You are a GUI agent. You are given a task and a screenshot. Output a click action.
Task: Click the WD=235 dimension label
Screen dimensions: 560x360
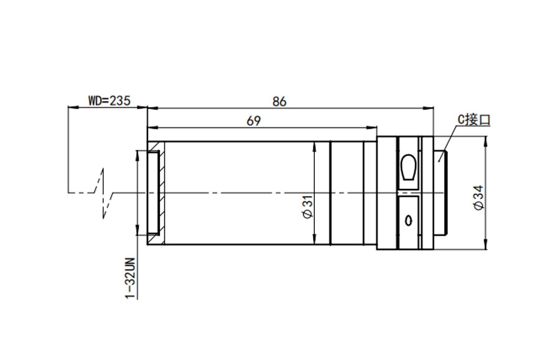(x=110, y=101)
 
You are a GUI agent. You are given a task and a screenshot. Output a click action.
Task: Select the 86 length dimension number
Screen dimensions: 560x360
(x=279, y=102)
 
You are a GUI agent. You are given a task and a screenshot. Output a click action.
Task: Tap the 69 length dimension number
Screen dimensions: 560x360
(x=254, y=121)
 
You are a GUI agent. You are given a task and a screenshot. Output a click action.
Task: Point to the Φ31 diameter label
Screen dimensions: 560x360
(x=307, y=206)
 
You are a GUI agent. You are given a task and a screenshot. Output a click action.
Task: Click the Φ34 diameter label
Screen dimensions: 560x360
(x=478, y=198)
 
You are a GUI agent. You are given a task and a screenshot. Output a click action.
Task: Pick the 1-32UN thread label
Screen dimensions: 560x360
(x=131, y=279)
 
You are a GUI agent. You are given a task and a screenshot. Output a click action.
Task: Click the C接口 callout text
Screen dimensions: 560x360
(x=474, y=120)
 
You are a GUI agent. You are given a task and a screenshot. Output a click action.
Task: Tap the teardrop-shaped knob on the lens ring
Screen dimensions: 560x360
(x=408, y=167)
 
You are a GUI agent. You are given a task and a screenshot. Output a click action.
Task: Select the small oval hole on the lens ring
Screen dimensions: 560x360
(x=408, y=221)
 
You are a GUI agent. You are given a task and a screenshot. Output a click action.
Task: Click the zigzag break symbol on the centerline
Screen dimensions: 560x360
(x=103, y=193)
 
